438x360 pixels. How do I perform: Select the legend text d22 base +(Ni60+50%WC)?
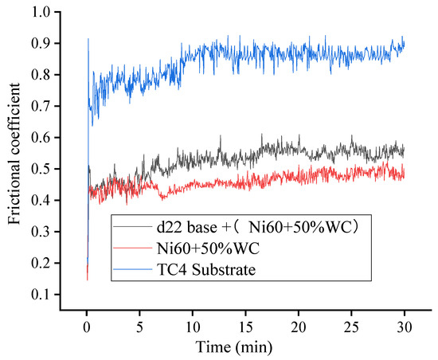click(x=237, y=229)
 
